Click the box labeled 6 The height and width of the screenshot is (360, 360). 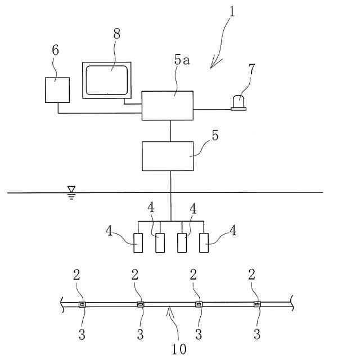(x=57, y=89)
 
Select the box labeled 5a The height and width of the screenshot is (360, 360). (x=167, y=105)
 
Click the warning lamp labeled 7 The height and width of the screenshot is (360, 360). (x=238, y=102)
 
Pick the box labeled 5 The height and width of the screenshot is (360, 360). (x=167, y=156)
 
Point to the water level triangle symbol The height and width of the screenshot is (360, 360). (x=71, y=190)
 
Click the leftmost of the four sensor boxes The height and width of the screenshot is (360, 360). (x=138, y=243)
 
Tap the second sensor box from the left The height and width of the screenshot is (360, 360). (x=160, y=243)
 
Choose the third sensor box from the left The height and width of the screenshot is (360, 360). (x=182, y=243)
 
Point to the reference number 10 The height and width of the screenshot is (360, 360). (x=179, y=348)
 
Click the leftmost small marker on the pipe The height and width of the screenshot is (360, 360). (x=82, y=305)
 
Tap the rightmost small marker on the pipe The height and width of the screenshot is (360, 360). (x=257, y=305)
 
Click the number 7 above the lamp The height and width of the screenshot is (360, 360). (x=251, y=70)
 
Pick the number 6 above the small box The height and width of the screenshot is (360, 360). (x=55, y=50)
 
